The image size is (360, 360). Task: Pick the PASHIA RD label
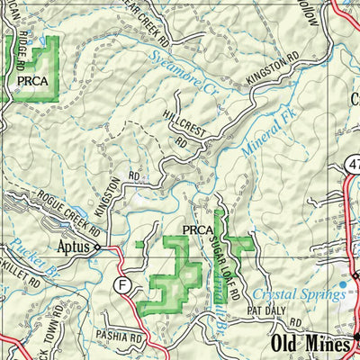[x=122, y=339]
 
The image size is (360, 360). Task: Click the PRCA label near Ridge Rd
[x=33, y=80]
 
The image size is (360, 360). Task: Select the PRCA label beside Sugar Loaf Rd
[x=197, y=230]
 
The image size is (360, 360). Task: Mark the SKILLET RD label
[x=19, y=271]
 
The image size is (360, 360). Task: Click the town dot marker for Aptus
[x=98, y=247]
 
